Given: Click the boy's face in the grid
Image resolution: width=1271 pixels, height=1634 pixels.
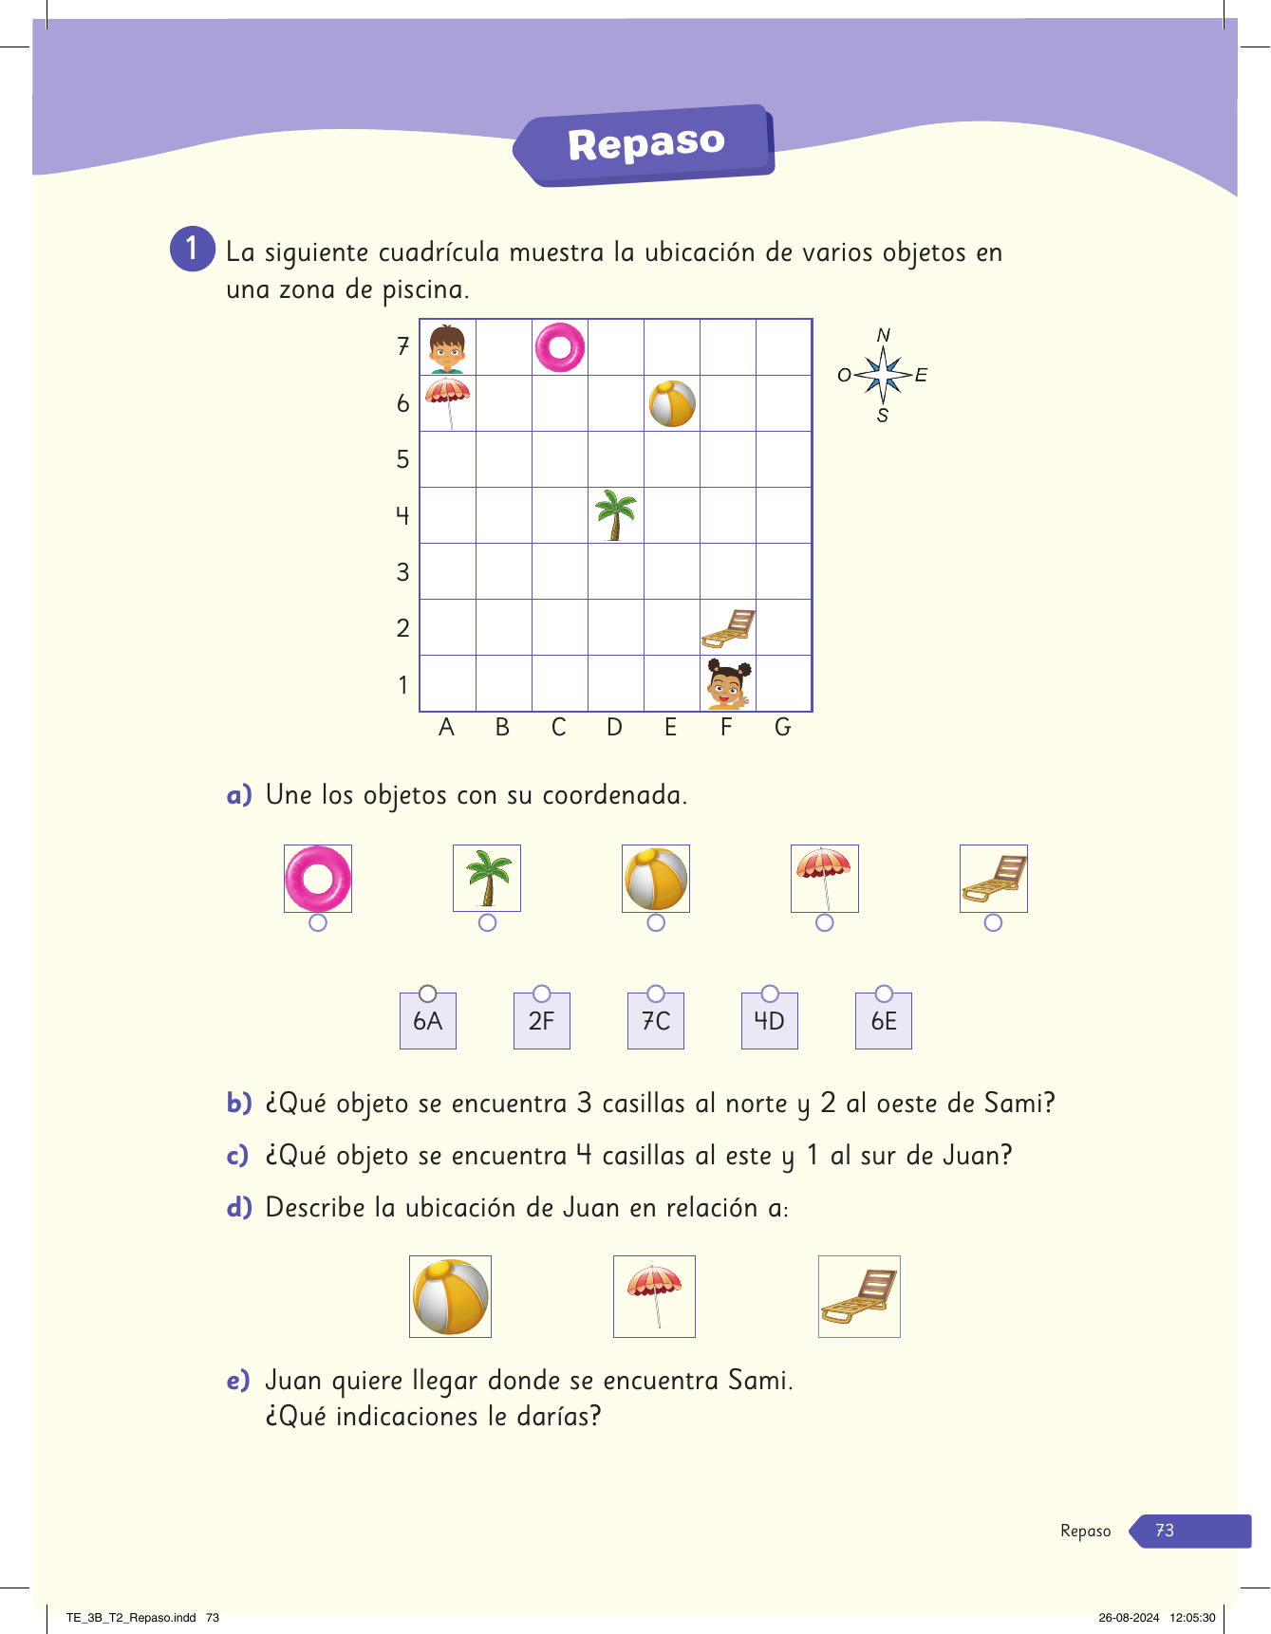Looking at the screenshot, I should pos(447,348).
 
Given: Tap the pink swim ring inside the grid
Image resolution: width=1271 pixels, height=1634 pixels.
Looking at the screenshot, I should pos(560,347).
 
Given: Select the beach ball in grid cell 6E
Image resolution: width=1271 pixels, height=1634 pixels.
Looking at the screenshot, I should pos(672,403).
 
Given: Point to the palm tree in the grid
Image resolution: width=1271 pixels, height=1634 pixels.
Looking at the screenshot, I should pos(615,515).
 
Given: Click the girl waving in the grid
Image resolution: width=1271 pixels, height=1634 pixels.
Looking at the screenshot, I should pos(728,683).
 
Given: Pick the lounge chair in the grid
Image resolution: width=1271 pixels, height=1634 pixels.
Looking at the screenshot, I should pos(728,628).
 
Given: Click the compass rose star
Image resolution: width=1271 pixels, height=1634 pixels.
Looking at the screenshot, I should pos(884,375).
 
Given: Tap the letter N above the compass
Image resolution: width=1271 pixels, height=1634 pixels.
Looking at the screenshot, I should pos(884,335).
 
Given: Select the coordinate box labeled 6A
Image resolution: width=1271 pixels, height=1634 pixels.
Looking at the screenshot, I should pos(428,1021).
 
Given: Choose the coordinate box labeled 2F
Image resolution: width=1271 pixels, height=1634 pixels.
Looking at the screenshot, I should pos(541,1021).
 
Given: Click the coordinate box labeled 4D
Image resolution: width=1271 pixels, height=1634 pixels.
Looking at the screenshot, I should pos(769,1021).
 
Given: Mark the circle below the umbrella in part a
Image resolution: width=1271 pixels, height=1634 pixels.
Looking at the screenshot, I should pos(825,922).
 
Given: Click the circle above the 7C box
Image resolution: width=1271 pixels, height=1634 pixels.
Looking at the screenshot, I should pos(656,993).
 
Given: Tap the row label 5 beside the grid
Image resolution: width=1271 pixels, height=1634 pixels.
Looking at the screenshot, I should pos(403,459).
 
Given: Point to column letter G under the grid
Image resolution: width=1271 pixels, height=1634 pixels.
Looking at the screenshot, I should pos(783,728).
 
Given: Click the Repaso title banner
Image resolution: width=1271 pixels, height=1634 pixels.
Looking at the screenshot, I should pos(646,144).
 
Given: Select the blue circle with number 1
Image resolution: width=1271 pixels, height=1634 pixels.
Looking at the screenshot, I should pos(193,249).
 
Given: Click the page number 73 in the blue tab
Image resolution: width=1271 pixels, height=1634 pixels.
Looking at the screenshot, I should pos(1165,1531).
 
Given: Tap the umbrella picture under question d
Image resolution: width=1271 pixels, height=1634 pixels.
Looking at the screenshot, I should pos(654,1296).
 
